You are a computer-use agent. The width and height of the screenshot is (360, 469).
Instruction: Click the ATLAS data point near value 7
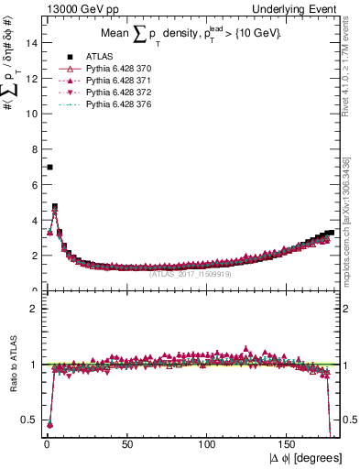[49, 167]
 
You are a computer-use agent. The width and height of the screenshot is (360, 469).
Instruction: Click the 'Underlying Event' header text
[296, 7]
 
